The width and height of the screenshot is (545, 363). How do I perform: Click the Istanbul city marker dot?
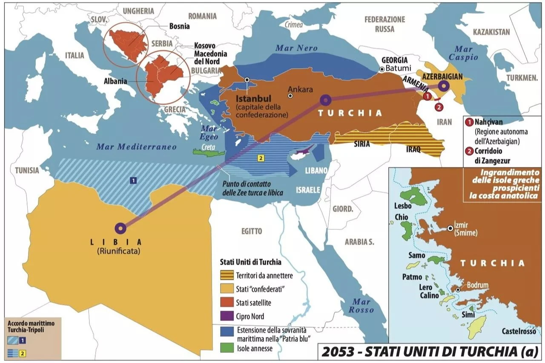tap(247, 80)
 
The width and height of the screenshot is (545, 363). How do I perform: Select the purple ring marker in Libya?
tap(120, 228)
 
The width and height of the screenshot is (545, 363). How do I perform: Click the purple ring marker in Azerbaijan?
tap(443, 86)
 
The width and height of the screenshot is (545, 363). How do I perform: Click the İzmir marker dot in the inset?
tap(450, 228)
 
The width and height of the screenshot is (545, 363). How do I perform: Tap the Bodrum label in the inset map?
tap(477, 285)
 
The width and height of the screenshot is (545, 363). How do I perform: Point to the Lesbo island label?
tap(403, 206)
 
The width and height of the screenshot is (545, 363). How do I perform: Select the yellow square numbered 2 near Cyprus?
tap(261, 158)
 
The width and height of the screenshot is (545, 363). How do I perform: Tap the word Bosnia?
tap(179, 26)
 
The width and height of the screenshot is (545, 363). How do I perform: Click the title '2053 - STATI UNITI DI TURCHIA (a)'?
tap(429, 352)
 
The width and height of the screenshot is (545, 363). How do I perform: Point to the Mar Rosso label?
tap(361, 306)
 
